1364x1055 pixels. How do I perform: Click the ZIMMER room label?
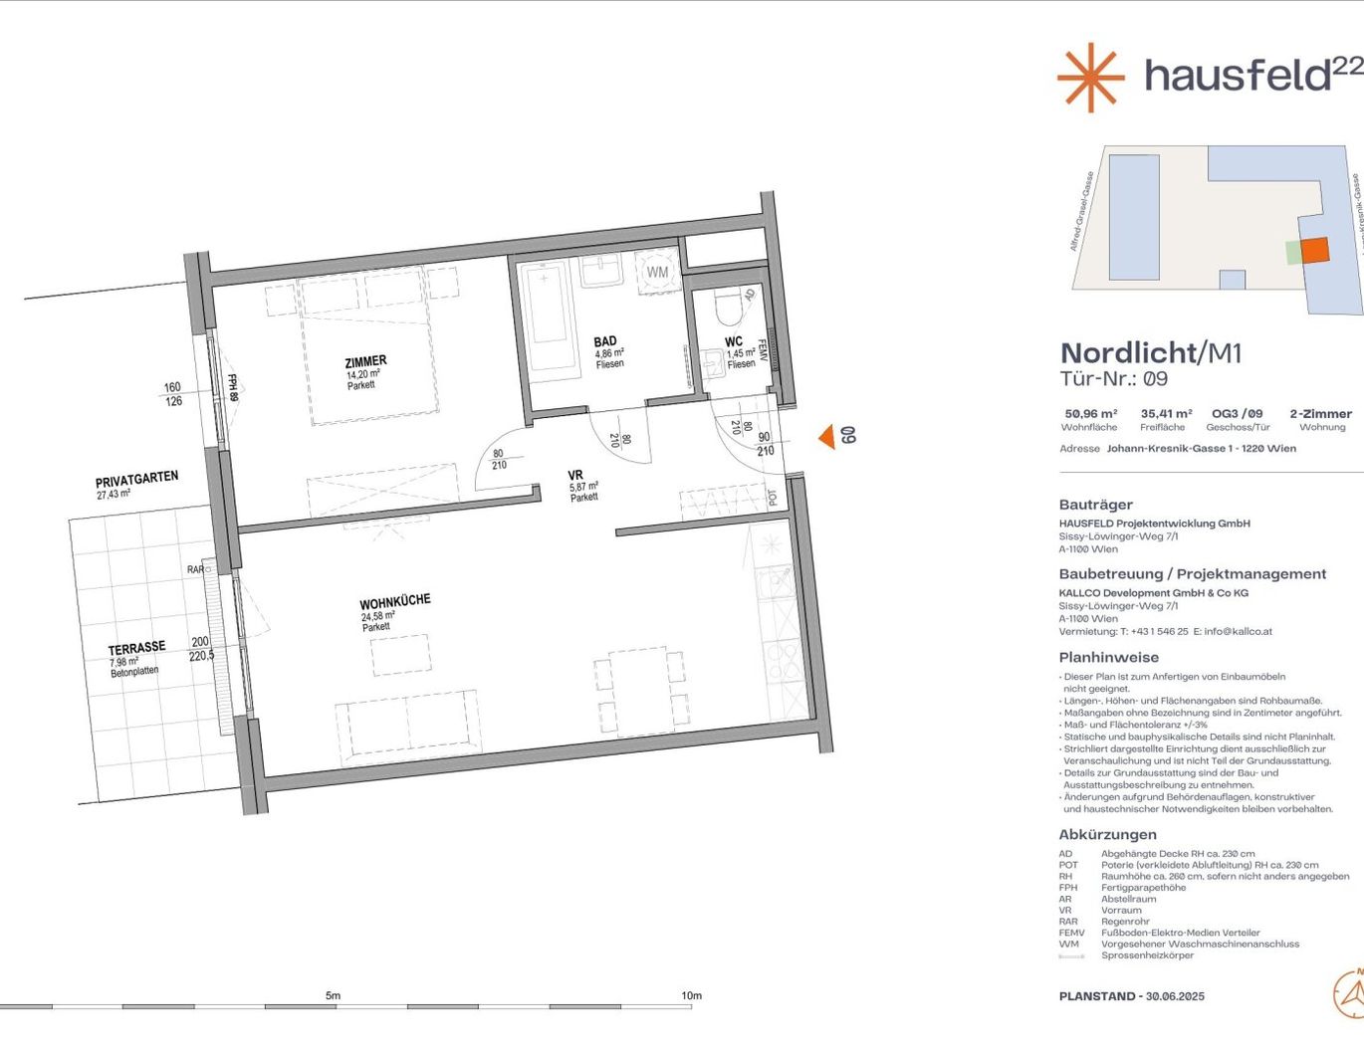point(365,362)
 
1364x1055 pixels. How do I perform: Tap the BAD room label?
point(605,341)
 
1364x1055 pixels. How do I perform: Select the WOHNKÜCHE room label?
point(394,602)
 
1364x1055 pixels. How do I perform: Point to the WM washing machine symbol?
point(657,272)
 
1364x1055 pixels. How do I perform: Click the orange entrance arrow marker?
point(826,436)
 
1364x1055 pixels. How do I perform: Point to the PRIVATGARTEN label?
point(137,480)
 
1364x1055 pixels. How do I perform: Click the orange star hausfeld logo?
point(1090,77)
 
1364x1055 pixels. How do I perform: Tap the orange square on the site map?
point(1314,250)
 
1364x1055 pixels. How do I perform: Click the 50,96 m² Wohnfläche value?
point(1090,413)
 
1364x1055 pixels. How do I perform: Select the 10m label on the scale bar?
point(691,995)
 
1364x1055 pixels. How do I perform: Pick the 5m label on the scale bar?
point(333,995)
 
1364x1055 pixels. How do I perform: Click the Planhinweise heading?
point(1108,657)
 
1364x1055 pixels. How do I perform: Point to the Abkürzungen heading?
point(1107,834)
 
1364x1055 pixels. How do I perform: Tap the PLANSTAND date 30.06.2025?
point(1175,995)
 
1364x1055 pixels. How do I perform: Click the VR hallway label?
point(575,475)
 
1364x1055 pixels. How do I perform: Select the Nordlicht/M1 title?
point(1151,352)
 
